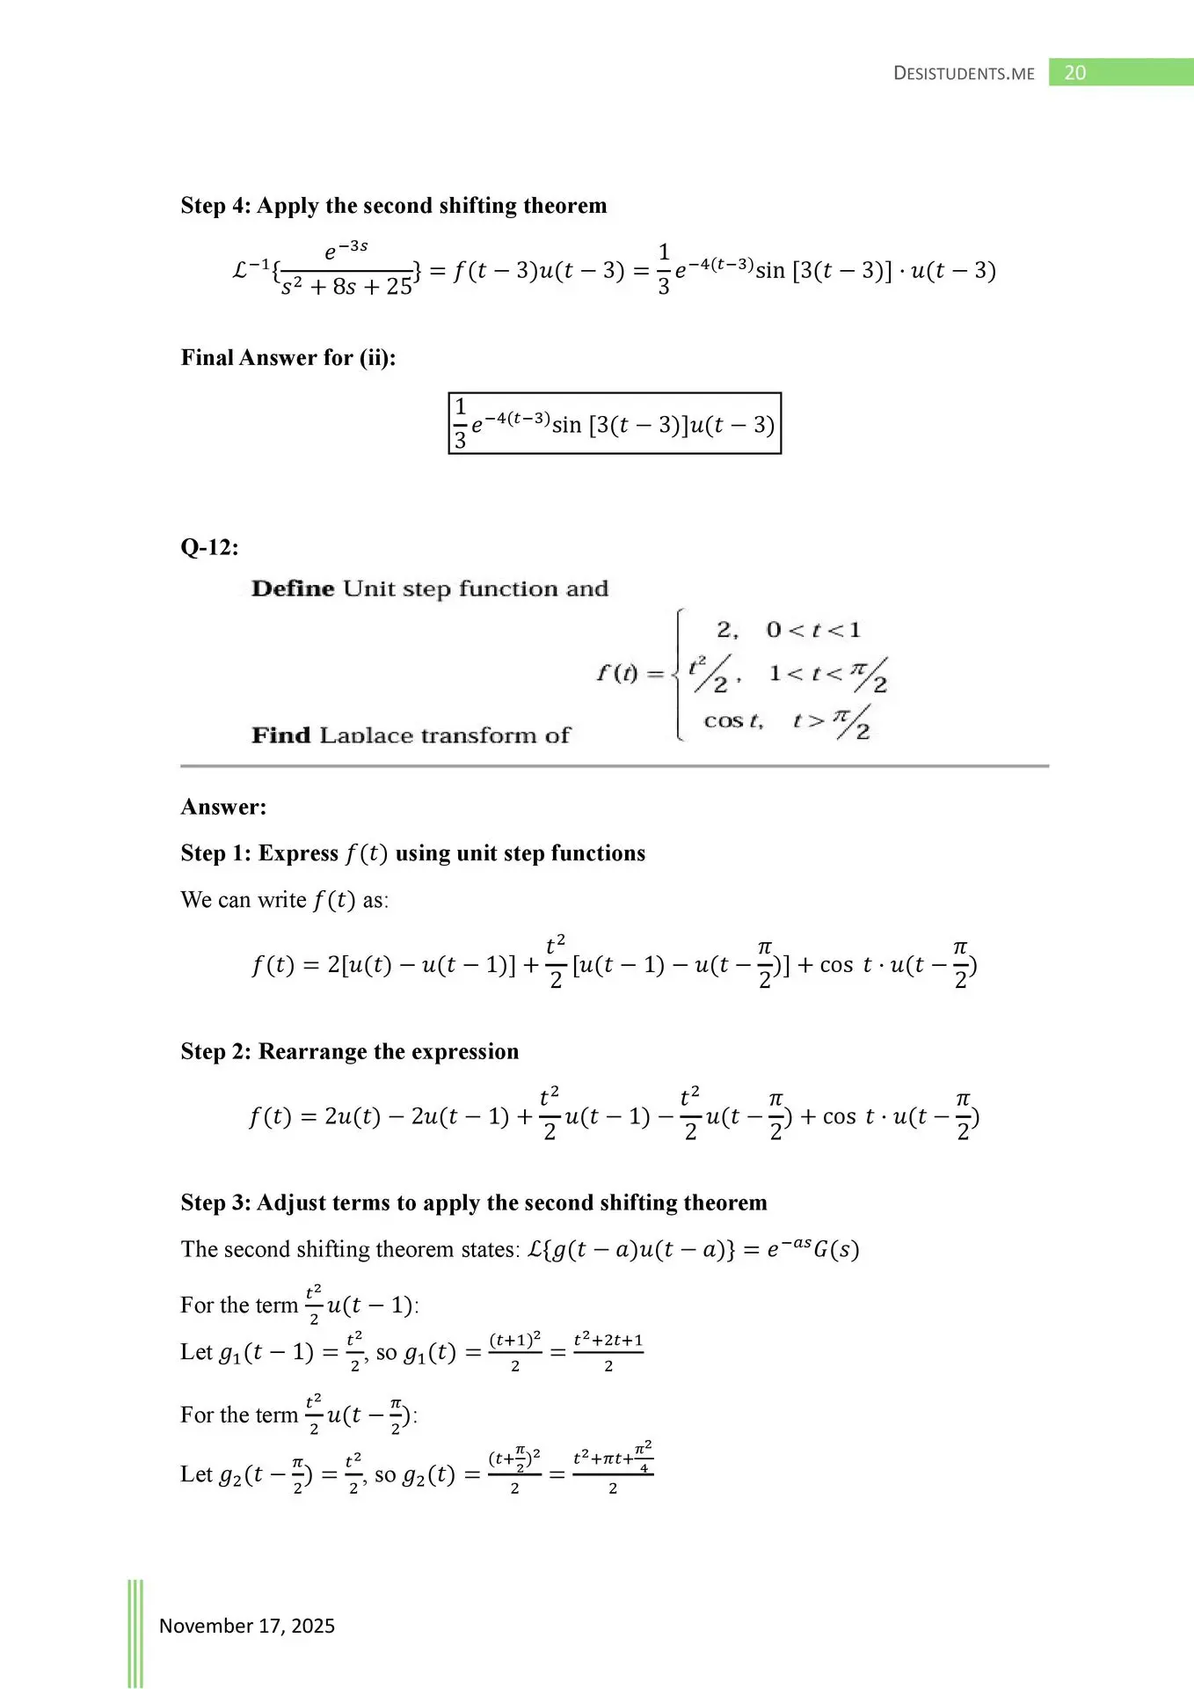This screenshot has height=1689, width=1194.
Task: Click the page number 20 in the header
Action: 1074,73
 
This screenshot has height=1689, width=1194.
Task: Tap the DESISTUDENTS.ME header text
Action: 964,74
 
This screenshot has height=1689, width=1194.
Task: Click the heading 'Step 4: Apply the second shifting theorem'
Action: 394,206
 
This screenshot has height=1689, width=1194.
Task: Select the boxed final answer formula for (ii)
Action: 615,424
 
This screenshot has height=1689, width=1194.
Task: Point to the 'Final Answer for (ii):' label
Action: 288,358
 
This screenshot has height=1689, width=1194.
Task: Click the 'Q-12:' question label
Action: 209,548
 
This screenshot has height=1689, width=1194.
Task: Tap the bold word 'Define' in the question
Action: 293,589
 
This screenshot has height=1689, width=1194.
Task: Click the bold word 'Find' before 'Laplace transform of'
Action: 280,735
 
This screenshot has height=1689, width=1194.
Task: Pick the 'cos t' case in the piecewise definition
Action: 733,721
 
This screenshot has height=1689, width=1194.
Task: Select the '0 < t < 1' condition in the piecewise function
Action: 813,630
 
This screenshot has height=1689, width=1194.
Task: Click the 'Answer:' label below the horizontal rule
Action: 223,808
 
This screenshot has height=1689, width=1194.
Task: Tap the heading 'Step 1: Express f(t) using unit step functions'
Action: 412,853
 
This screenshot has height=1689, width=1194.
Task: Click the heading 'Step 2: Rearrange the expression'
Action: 349,1052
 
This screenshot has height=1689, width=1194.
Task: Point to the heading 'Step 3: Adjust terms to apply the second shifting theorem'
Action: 473,1203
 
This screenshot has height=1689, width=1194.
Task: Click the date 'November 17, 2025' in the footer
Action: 246,1626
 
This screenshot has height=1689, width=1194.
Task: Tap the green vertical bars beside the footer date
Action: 135,1632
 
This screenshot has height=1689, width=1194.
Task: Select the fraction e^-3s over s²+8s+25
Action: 346,270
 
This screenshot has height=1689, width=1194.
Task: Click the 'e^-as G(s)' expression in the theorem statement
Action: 812,1250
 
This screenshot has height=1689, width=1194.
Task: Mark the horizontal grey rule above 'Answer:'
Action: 614,766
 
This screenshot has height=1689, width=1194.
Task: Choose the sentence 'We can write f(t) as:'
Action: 284,900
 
